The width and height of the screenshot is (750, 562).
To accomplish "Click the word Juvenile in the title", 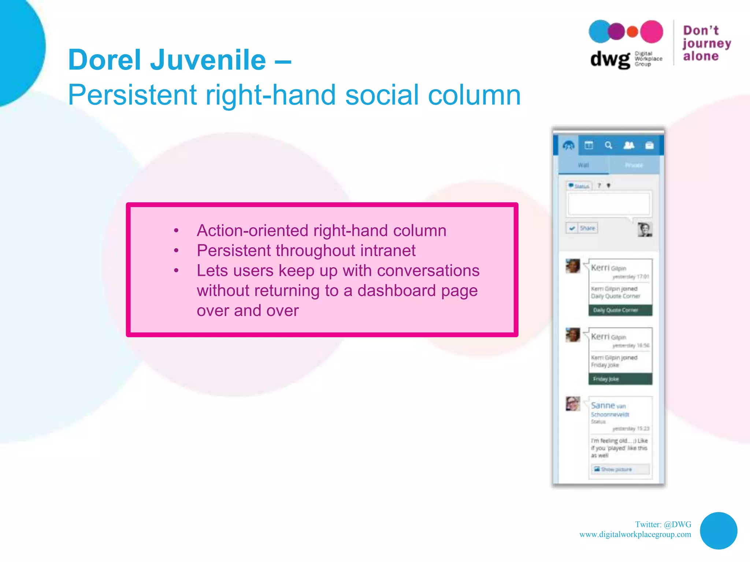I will pyautogui.click(x=208, y=60).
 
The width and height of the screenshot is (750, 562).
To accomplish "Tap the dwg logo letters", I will pyautogui.click(x=610, y=59).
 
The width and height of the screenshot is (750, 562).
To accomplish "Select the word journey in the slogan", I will pyautogui.click(x=706, y=44).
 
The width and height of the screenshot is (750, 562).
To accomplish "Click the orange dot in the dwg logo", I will pyautogui.click(x=632, y=31).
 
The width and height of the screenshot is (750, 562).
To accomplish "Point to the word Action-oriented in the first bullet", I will pyautogui.click(x=253, y=231).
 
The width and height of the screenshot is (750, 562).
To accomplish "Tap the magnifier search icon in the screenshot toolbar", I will pyautogui.click(x=608, y=146).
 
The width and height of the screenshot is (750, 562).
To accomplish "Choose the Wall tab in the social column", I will pyautogui.click(x=583, y=165).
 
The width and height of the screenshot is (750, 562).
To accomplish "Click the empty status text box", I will pyautogui.click(x=609, y=204).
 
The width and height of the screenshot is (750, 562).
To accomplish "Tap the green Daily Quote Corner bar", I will pyautogui.click(x=620, y=310).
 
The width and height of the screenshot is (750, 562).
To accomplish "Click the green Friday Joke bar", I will pyautogui.click(x=620, y=379).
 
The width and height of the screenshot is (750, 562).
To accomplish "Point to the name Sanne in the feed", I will pyautogui.click(x=603, y=405).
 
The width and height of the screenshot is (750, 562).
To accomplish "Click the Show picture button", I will pyautogui.click(x=620, y=469).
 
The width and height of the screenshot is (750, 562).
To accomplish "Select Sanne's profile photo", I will pyautogui.click(x=573, y=404).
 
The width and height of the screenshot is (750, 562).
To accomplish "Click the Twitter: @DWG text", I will pyautogui.click(x=663, y=524).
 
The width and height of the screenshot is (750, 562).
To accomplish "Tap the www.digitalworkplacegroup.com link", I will pyautogui.click(x=635, y=535).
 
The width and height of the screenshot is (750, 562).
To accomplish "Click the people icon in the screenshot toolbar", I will pyautogui.click(x=629, y=146).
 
